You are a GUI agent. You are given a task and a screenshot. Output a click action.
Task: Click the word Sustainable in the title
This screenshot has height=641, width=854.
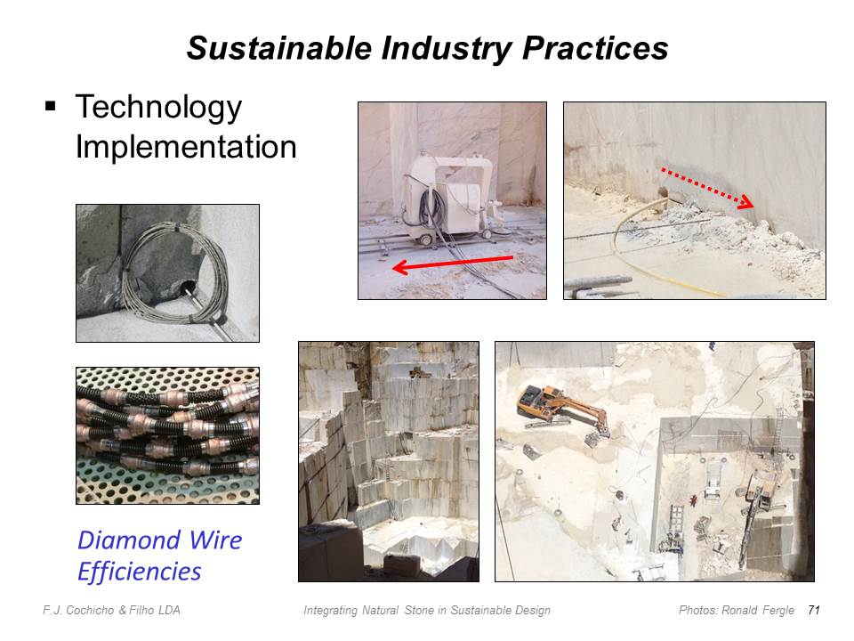click(278, 48)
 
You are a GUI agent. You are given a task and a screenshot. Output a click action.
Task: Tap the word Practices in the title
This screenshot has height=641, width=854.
click(595, 48)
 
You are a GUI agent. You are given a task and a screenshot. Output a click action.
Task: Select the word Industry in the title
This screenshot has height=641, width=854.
click(447, 49)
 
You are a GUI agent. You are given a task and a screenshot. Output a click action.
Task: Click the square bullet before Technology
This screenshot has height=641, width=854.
click(51, 106)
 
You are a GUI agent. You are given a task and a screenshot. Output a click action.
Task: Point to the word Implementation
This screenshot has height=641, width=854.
click(186, 147)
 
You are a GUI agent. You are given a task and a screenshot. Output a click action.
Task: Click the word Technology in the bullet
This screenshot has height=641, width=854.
click(158, 108)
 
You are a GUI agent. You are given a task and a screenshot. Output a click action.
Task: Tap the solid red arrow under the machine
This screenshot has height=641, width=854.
click(453, 264)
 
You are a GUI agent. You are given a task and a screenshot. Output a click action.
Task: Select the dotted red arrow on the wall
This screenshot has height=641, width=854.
click(707, 188)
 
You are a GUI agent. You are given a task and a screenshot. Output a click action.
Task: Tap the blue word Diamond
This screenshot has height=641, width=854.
click(129, 540)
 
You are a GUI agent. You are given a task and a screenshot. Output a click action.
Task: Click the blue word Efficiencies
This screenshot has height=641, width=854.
click(140, 572)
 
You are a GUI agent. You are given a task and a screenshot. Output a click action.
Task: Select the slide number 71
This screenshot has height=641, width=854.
click(814, 610)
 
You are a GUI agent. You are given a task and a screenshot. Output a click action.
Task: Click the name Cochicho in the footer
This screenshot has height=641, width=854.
click(90, 611)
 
